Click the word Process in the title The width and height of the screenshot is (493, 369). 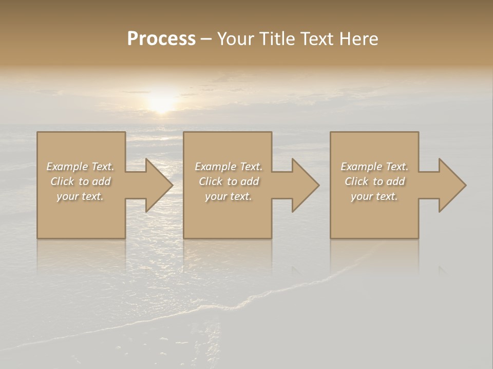click(x=161, y=39)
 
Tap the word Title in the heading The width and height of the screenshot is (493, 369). click(x=276, y=39)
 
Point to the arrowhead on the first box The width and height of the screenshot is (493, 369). click(x=157, y=185)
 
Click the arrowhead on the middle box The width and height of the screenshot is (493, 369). click(x=304, y=185)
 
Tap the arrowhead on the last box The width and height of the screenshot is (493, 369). click(x=450, y=185)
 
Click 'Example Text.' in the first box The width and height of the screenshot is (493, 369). click(x=80, y=167)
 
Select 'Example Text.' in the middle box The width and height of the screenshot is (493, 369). click(x=229, y=167)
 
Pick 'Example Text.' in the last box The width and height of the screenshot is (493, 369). click(x=374, y=167)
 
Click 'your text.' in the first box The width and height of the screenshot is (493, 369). click(x=80, y=196)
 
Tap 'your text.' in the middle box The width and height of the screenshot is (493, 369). click(x=229, y=196)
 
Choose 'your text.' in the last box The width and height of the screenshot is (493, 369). click(x=374, y=196)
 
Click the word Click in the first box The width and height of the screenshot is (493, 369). click(x=62, y=181)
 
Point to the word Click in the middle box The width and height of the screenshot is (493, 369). click(x=211, y=181)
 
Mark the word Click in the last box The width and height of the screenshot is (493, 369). click(x=356, y=181)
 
